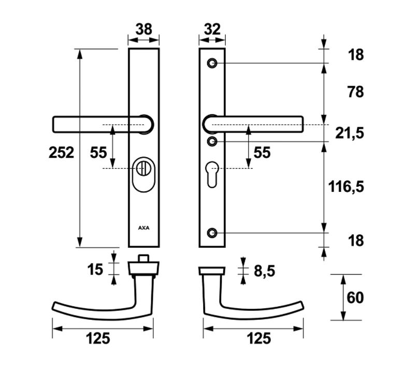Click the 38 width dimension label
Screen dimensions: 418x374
coord(143,29)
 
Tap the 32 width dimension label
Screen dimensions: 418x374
coord(212,29)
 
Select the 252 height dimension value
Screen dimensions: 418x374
coord(61,153)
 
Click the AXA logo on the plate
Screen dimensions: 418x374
coord(143,228)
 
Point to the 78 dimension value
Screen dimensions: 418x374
coord(356,92)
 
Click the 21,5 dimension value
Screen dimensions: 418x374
coord(350,133)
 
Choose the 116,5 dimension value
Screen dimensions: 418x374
coord(346,187)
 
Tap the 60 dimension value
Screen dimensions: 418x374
coord(355,297)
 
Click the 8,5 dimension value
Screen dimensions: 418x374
coord(264,271)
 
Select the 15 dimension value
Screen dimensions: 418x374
coord(95,270)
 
